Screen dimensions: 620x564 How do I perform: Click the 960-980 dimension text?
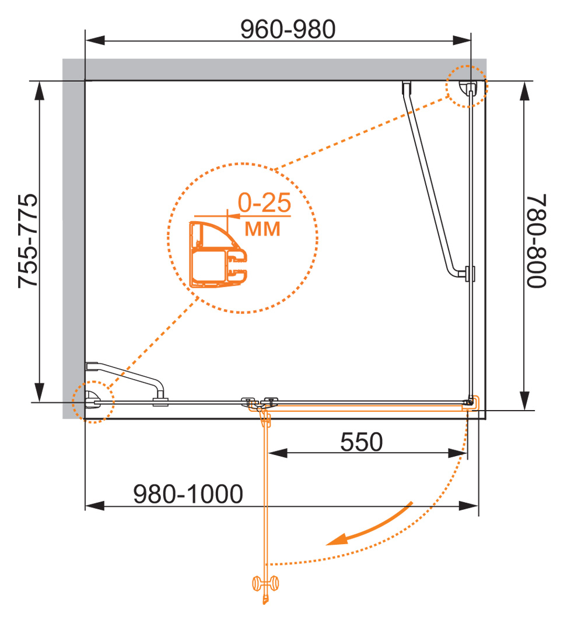coord(288,29)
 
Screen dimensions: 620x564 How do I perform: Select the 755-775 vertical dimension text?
coord(28,241)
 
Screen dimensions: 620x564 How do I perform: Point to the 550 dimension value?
coord(361,442)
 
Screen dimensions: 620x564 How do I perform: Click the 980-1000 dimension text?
coord(188,495)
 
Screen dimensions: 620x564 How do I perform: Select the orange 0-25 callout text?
coord(264,204)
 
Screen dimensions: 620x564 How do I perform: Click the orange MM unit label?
coord(262,229)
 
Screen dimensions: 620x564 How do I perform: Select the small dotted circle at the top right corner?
coord(466,86)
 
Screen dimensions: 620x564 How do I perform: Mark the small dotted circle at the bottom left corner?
coord(92,401)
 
